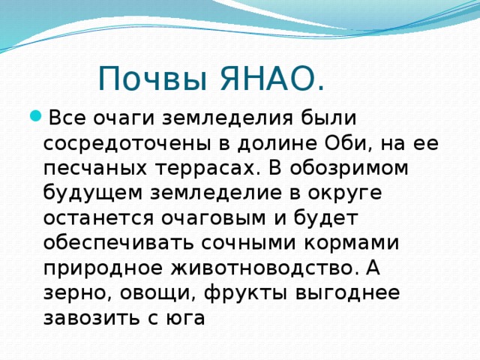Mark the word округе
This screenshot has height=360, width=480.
[338, 193]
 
